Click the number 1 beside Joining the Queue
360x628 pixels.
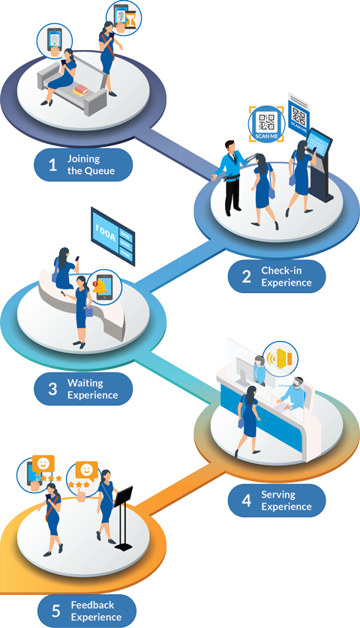tap(52, 165)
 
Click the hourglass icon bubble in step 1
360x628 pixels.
tap(121, 16)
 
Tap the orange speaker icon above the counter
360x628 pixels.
tap(282, 357)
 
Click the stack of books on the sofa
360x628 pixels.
tap(80, 91)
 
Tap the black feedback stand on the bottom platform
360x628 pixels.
tap(123, 517)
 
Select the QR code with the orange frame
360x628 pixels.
tap(266, 123)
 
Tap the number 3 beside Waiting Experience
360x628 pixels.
tap(52, 389)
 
